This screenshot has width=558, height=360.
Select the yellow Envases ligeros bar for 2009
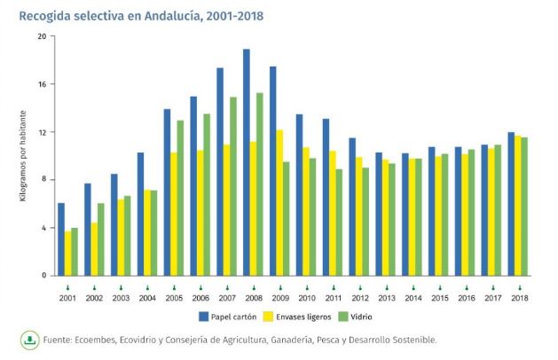click(280, 203)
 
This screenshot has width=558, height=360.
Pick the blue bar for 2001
click(61, 239)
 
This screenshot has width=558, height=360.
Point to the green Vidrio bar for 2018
click(525, 207)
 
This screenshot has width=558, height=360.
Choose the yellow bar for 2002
click(94, 249)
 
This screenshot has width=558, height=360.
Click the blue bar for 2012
click(353, 207)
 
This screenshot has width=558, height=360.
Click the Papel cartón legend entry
click(225, 316)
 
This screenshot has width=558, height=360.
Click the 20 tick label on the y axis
click(42, 36)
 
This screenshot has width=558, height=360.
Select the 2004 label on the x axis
click(147, 298)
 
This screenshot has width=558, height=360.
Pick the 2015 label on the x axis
click(439, 298)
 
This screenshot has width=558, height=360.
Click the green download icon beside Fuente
click(28, 339)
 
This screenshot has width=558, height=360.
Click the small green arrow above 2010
click(306, 286)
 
